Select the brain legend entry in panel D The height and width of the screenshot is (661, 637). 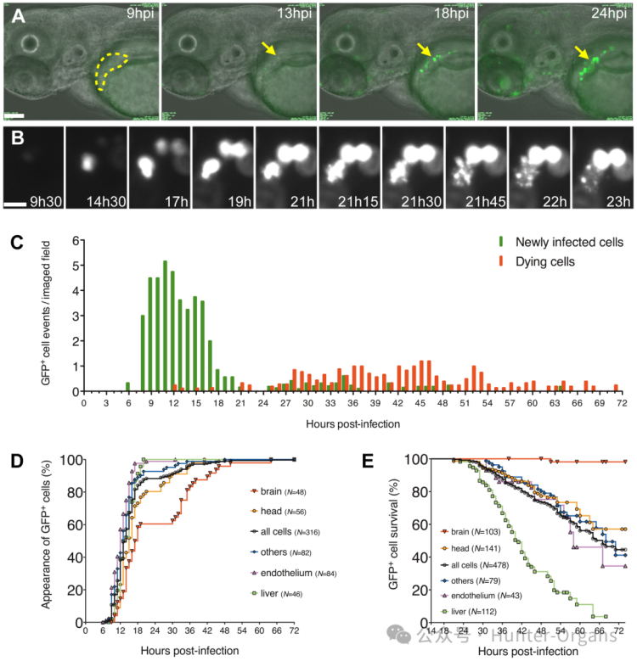272,492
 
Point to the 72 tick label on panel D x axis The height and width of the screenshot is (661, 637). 294,635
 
